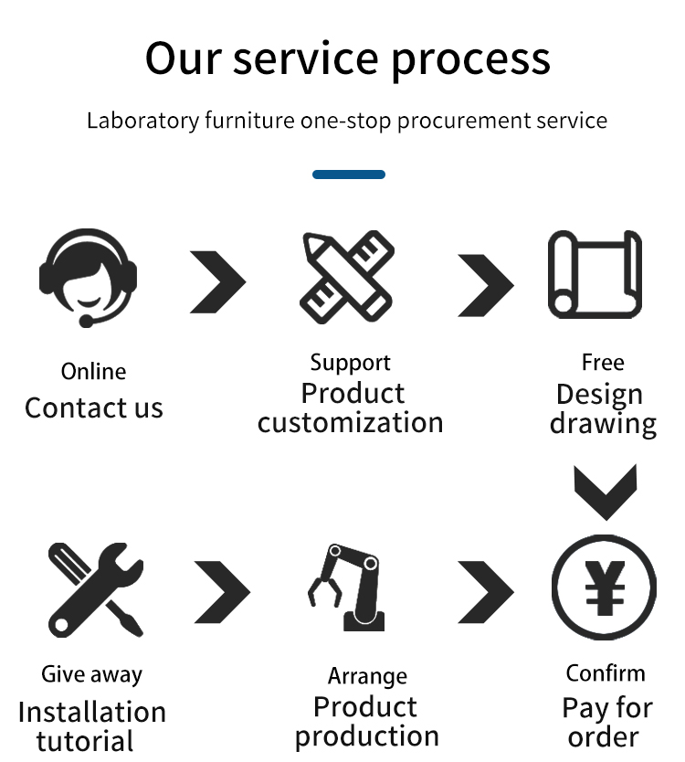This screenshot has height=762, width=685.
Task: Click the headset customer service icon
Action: coord(88,277)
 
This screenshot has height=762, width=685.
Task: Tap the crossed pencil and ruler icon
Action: coord(348,278)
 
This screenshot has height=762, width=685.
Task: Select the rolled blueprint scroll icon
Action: coord(595,275)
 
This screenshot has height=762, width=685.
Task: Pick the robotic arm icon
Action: coord(347,587)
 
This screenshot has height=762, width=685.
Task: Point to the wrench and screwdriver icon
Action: coord(95,589)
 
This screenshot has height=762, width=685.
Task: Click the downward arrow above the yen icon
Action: coord(605,491)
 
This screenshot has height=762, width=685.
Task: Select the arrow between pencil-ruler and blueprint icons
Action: coord(485,284)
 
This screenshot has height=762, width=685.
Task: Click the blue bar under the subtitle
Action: coord(349,175)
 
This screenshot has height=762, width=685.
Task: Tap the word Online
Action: coord(93,372)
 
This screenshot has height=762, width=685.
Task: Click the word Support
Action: coord(350,364)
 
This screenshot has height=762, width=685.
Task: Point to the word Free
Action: coord(603,363)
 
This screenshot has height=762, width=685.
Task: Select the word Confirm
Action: coord(605,673)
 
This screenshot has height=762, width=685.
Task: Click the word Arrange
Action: coord(367,677)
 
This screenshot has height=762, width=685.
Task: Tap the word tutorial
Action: coord(85,740)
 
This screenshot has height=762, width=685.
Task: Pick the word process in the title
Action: coord(471,58)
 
